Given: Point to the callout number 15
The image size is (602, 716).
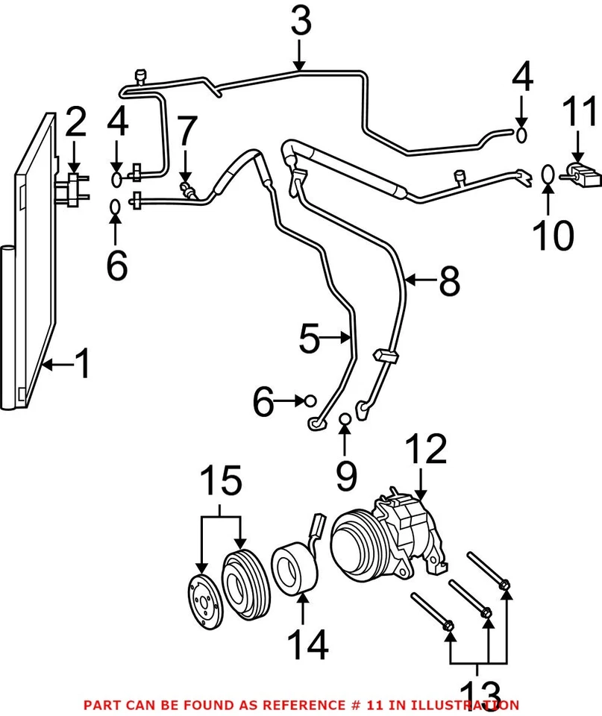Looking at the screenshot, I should point(220,481).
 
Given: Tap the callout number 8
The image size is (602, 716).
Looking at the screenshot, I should point(449,282).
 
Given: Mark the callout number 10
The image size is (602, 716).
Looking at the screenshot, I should point(553,236).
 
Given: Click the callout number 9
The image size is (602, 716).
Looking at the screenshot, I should point(345,475).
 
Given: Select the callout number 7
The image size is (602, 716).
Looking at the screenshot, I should point(186,131).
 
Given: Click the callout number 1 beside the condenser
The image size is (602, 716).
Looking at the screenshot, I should point(83,365).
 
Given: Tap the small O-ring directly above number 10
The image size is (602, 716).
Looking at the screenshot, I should point(547,175).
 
